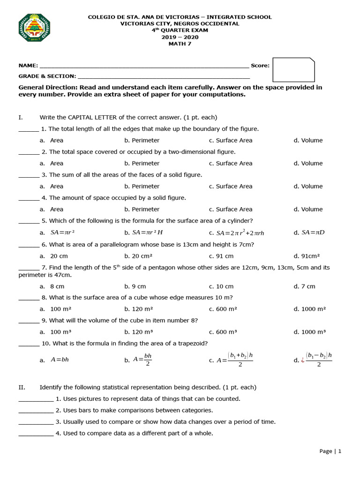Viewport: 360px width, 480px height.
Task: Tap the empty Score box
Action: pos(293,70)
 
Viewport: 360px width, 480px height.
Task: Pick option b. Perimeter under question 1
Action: pos(142,140)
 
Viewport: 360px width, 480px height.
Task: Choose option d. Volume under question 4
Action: pos(308,209)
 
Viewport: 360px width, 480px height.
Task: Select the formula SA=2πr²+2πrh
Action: pos(236,233)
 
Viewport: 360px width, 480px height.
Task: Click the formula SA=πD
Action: pos(309,232)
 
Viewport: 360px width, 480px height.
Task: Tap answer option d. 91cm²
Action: pos(307,256)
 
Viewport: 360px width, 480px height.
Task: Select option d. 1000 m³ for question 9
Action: pos(309,332)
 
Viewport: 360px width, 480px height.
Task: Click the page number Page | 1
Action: pos(330,451)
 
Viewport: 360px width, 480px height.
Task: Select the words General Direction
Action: pos(47,87)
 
